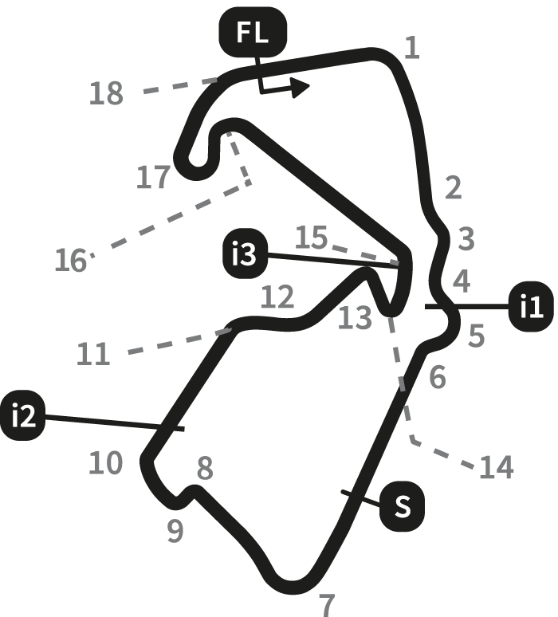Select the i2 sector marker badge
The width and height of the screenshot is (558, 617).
pos(25,416)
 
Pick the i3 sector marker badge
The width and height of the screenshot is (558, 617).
pos(242,256)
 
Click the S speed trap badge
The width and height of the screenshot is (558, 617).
pos(403,505)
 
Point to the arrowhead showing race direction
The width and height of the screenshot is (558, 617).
pos(300,87)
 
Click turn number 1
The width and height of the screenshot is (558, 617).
pos(411,48)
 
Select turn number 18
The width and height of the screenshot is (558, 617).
pos(106,94)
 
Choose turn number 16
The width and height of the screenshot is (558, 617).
pos(71,260)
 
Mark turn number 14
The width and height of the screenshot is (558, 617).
pos(496,468)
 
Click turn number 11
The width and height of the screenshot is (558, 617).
pos(93,353)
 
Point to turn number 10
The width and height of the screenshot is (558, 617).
pos(105,462)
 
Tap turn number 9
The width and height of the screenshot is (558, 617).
pos(175,530)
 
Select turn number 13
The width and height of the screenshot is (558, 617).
pos(354,317)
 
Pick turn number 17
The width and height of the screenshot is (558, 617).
pos(153,177)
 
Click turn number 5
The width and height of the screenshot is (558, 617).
pos(476,336)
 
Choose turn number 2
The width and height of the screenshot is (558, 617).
pos(453,189)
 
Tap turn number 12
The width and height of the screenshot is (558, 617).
pos(277,298)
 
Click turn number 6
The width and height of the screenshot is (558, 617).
pos(437,377)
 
